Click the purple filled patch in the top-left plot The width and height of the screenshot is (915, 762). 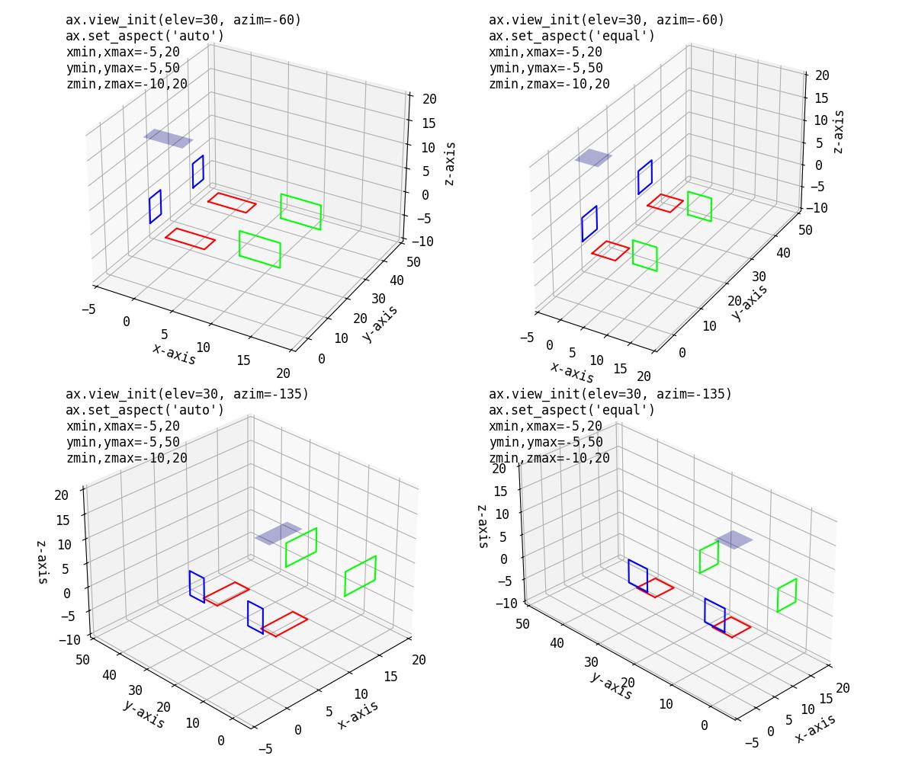[169, 138]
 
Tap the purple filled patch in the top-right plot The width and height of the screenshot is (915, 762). [593, 158]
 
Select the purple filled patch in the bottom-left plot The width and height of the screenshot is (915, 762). [278, 533]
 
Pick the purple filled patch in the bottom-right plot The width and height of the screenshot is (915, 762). [734, 539]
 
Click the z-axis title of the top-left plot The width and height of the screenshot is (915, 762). [450, 163]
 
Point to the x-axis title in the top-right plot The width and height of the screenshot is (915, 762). [572, 372]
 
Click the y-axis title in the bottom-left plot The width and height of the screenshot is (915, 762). [143, 713]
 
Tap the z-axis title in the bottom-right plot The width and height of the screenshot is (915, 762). [482, 526]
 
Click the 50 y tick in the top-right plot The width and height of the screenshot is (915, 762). [804, 230]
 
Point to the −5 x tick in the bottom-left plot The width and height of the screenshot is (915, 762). [265, 749]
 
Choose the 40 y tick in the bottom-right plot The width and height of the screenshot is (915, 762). [557, 643]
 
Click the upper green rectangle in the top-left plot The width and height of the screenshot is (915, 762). [300, 211]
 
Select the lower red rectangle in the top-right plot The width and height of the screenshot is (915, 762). [611, 251]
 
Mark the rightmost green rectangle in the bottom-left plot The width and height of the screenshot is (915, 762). [360, 575]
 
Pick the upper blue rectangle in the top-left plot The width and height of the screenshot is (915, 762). [198, 171]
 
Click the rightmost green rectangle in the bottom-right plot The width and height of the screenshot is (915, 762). [787, 595]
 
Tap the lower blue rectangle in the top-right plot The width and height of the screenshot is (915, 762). [589, 223]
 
